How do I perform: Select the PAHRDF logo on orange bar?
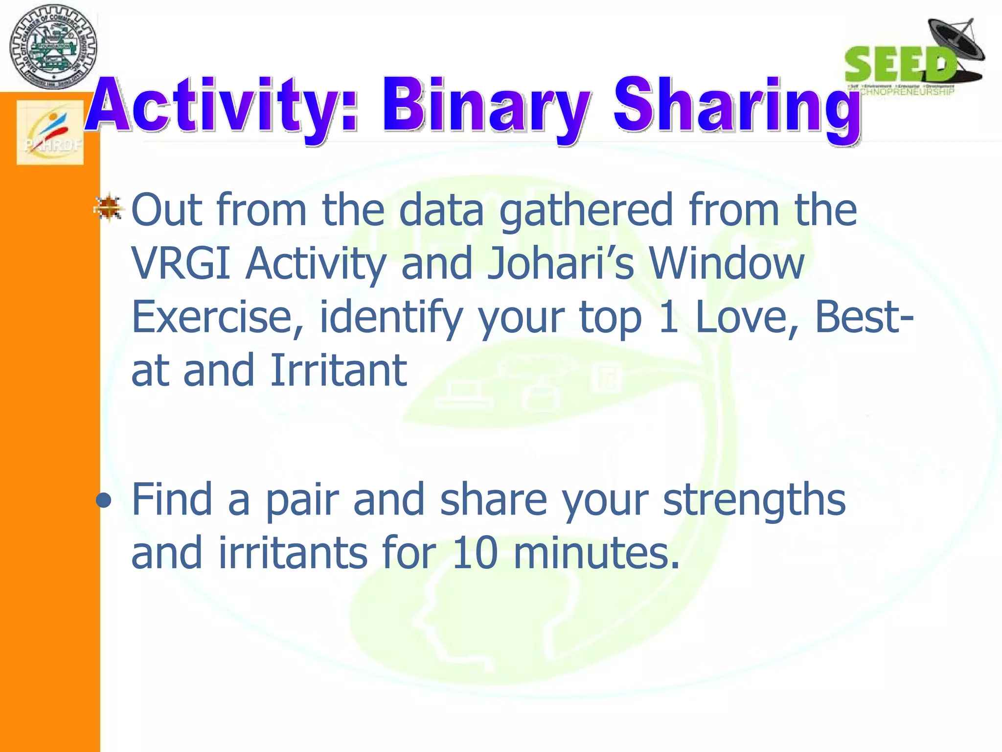point(50,132)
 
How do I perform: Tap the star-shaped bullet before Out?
point(109,207)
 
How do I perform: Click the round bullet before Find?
point(104,501)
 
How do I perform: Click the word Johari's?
point(560,264)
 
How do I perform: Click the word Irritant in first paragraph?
point(338,371)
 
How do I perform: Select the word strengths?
point(754,500)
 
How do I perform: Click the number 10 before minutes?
point(475,553)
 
